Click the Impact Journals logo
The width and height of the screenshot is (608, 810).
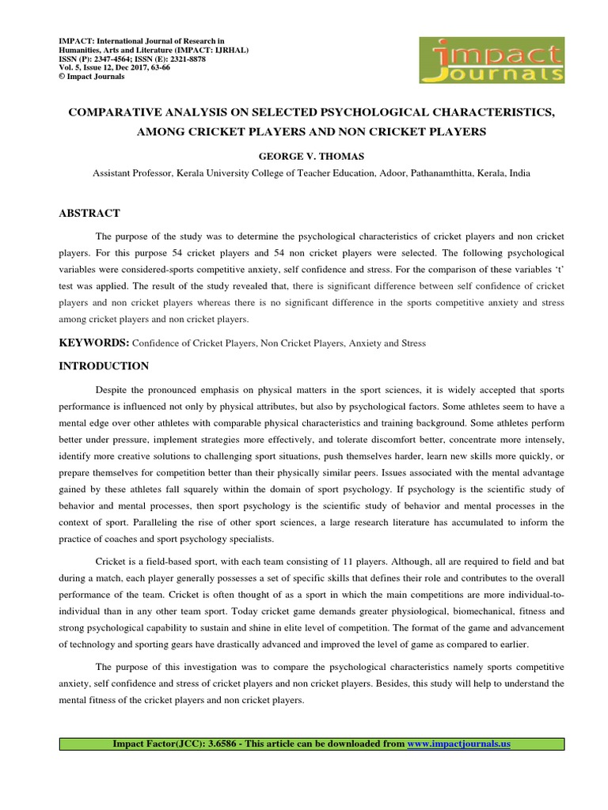pyautogui.click(x=492, y=60)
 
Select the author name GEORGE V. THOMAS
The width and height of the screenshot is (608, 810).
pyautogui.click(x=304, y=156)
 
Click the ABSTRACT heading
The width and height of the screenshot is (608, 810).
pyautogui.click(x=89, y=213)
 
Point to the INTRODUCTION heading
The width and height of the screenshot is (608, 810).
pyautogui.click(x=104, y=366)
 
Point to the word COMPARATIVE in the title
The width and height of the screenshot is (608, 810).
pyautogui.click(x=117, y=113)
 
